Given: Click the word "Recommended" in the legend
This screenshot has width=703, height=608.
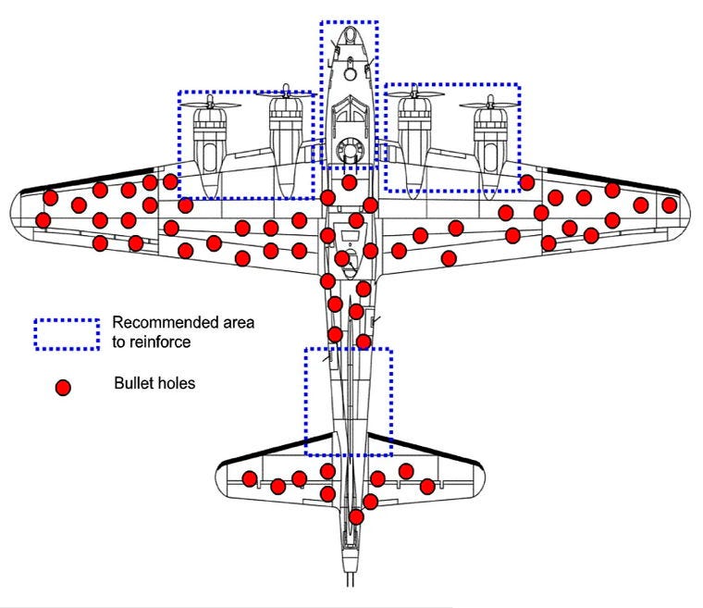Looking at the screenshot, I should click(157, 323).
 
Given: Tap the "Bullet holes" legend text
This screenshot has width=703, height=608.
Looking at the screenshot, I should click(154, 383).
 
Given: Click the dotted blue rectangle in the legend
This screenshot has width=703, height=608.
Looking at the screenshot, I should click(66, 334).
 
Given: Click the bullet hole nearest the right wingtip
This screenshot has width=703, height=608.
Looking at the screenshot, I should click(670, 205).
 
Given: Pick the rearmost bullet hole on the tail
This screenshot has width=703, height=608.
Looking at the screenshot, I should click(356, 516).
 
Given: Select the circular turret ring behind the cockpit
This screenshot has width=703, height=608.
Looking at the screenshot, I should click(349, 148).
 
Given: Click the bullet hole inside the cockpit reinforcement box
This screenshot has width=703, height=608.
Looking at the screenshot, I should click(349, 182).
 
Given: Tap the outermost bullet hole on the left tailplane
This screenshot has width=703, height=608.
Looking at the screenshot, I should click(250, 478).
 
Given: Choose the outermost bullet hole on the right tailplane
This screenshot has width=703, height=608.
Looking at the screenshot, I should click(426, 487).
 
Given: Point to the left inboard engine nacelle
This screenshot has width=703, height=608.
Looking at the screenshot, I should click(286, 139).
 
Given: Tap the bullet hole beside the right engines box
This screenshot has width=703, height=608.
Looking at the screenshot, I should click(526, 182).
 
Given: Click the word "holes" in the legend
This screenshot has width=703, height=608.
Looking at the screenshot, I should click(176, 383).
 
